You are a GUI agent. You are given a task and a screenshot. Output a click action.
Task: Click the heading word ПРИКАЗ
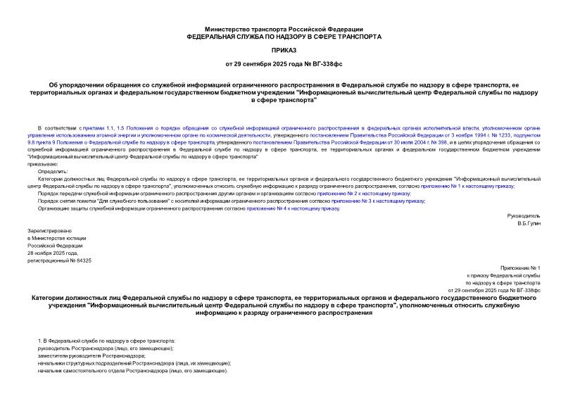click(x=284, y=50)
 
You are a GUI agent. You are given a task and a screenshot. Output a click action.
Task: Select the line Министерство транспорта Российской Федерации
click(x=284, y=27)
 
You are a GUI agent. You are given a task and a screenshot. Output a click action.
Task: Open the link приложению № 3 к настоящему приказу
click(x=378, y=201)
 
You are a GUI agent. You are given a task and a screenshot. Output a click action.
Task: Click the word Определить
click(x=53, y=171)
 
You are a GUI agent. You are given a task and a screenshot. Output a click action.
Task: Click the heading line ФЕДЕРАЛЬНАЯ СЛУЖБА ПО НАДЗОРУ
click(x=284, y=35)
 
